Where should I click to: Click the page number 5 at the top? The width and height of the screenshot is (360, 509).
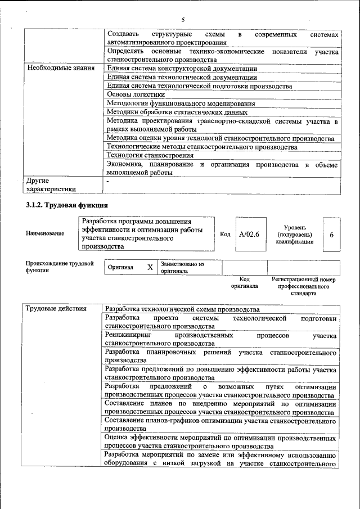[183, 20]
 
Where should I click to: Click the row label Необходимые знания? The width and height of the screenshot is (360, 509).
[58, 69]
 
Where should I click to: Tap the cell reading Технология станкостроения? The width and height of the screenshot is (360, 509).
[148, 155]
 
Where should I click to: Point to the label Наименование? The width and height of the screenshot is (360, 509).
[45, 233]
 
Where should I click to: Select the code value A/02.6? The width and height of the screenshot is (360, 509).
[249, 233]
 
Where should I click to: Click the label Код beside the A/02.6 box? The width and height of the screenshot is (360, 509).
[225, 233]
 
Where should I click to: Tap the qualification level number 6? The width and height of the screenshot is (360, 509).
[332, 233]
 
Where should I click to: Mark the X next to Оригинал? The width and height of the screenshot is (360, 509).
[150, 267]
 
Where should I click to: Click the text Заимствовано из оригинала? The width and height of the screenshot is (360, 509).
[182, 267]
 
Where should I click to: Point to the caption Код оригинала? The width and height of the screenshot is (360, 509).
[244, 282]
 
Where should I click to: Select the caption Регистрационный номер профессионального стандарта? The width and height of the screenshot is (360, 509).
[303, 286]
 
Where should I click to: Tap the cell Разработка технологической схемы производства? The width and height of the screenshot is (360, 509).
[182, 309]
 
